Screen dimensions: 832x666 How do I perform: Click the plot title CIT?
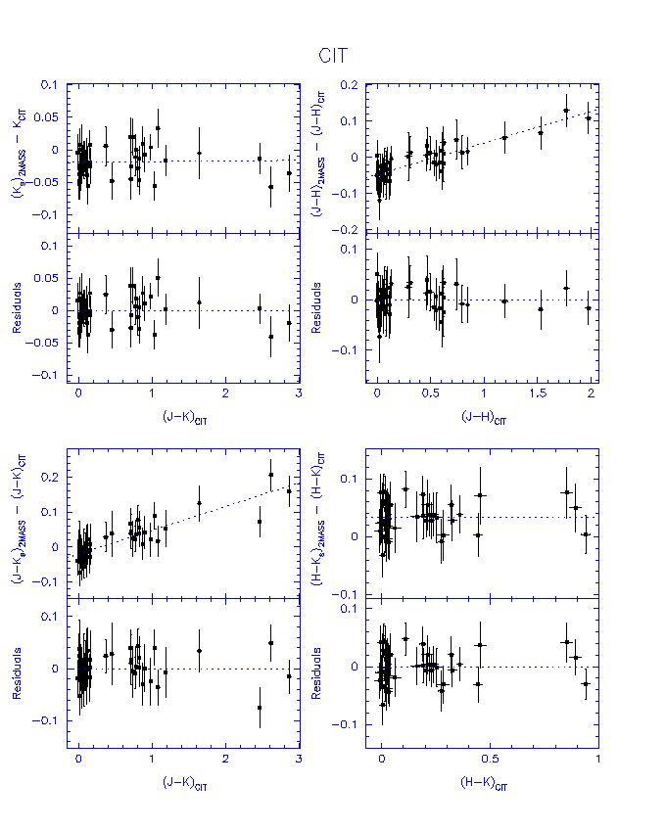click(x=334, y=57)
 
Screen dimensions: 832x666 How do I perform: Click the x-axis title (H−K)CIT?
click(x=483, y=784)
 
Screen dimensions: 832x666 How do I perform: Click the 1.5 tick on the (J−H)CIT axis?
click(x=538, y=393)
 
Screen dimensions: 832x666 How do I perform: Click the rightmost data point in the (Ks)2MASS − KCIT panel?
click(x=289, y=172)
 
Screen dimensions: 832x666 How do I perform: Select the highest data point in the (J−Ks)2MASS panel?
click(x=271, y=475)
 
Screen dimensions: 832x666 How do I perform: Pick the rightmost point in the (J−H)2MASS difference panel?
click(x=588, y=117)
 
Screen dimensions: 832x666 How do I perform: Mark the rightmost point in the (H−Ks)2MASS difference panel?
click(x=586, y=534)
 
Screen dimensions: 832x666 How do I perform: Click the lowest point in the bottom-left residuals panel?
click(x=260, y=707)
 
